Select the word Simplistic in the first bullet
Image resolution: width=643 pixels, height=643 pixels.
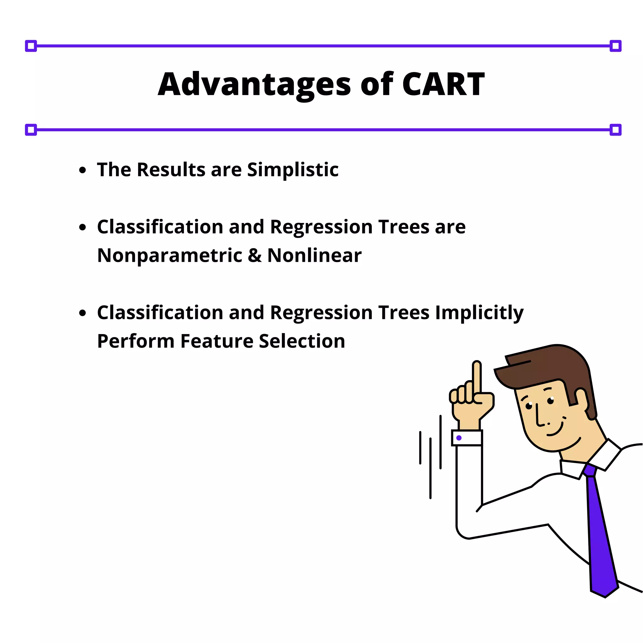[x=293, y=170]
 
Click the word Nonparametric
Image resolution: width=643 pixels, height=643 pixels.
[x=170, y=256]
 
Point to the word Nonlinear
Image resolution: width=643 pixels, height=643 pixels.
[x=314, y=256]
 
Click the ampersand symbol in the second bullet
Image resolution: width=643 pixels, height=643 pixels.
[x=255, y=256]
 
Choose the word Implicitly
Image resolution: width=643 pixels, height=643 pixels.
[x=479, y=313]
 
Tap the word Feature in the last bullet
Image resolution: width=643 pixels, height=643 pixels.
[x=217, y=341]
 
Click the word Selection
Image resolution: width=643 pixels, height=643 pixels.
[x=302, y=341]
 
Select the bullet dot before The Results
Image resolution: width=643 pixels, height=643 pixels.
[x=83, y=170]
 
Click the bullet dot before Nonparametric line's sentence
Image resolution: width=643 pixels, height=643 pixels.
[x=83, y=228]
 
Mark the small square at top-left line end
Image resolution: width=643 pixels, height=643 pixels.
[x=31, y=46]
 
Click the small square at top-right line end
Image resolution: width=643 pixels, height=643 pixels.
[x=615, y=46]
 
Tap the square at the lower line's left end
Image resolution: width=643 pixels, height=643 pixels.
[x=31, y=129]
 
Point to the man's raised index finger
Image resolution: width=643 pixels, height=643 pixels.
[x=477, y=376]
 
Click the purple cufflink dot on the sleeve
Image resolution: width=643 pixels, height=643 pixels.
[x=459, y=438]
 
